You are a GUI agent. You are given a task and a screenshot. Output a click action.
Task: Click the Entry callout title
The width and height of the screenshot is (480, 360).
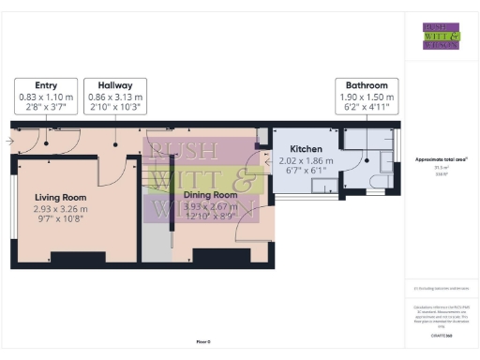pyautogui.click(x=46, y=84)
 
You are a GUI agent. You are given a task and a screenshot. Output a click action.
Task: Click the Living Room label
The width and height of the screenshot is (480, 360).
pyautogui.click(x=62, y=197)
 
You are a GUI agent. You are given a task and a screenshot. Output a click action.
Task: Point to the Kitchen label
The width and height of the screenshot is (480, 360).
pyautogui.click(x=307, y=149)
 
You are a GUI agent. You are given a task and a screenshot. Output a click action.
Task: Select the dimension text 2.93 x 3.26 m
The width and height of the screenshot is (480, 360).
pyautogui.click(x=62, y=208)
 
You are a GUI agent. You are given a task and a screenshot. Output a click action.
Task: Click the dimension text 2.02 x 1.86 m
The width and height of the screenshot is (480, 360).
pyautogui.click(x=307, y=160)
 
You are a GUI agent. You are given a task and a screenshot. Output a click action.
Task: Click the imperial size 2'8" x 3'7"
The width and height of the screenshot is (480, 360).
pyautogui.click(x=46, y=107)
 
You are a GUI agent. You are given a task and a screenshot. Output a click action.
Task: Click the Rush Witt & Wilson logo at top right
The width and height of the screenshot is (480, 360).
pyautogui.click(x=441, y=35)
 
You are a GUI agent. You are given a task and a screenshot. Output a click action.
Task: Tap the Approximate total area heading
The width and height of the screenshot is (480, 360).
pyautogui.click(x=441, y=160)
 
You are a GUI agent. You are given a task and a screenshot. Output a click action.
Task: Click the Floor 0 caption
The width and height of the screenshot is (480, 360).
pyautogui.click(x=203, y=342)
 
